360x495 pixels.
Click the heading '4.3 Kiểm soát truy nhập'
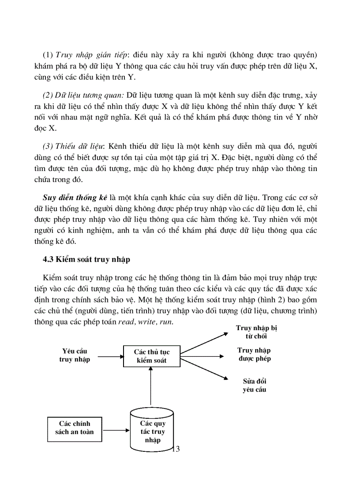tap(86, 259)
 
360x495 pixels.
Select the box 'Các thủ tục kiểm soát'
tap(151, 356)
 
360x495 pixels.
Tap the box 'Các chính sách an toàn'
tap(74, 428)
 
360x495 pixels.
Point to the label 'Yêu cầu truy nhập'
tap(75, 355)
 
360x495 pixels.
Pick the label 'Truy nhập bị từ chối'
tap(256, 332)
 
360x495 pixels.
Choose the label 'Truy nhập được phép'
tap(254, 354)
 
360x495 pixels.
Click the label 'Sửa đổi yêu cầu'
tap(255, 385)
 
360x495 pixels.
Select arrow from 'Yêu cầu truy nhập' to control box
tap(109, 356)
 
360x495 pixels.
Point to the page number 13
tap(175, 449)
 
